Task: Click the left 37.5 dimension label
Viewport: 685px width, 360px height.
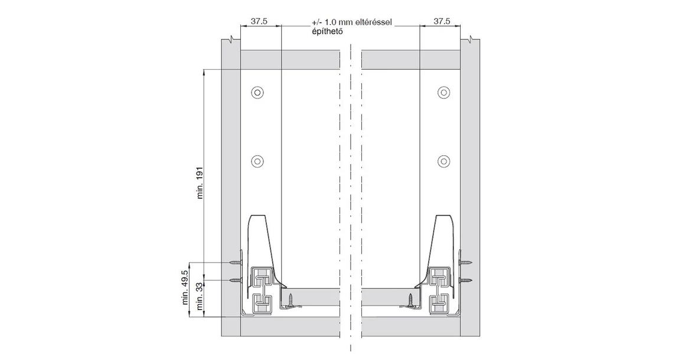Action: tap(259, 21)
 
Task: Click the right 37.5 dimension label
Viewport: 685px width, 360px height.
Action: tap(442, 21)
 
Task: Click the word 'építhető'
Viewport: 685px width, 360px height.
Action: tap(327, 31)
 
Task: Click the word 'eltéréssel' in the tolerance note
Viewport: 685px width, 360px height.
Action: tap(374, 22)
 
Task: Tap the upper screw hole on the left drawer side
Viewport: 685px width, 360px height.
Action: tap(257, 93)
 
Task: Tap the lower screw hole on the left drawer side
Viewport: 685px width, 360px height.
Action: tap(257, 161)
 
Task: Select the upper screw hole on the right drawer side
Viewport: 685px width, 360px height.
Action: tap(443, 93)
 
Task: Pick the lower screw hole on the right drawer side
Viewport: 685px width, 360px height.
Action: tap(443, 161)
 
